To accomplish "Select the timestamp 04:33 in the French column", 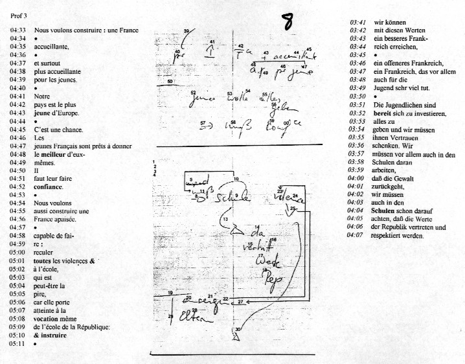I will [x=17, y=30].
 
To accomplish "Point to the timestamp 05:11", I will [x=17, y=343].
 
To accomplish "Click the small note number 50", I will [x=170, y=82].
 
